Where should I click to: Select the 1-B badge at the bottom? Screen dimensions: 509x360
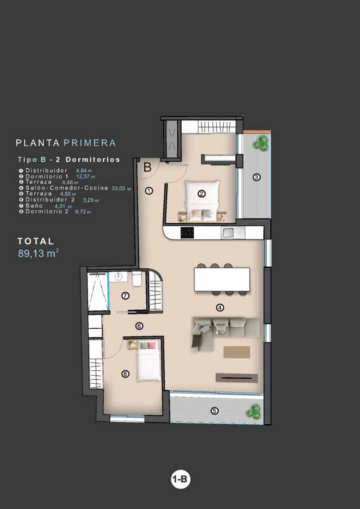180,480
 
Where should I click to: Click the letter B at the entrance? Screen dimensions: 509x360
147,167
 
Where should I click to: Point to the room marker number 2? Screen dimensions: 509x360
202,194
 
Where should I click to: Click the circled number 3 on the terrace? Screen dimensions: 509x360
256,177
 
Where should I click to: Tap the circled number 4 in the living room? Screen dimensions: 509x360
220,308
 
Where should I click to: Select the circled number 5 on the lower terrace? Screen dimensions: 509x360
215,410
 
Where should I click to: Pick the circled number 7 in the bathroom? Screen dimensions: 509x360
125,296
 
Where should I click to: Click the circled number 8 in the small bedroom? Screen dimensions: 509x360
125,374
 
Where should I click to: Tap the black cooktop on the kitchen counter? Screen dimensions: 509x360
187,232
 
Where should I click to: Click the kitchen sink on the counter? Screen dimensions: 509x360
228,232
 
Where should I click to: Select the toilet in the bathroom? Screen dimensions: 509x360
137,280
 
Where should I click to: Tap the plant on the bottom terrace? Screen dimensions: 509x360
253,410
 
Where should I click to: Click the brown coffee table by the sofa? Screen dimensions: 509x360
237,352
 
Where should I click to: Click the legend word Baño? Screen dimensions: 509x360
34,206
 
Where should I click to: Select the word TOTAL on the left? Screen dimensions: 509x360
36,241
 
